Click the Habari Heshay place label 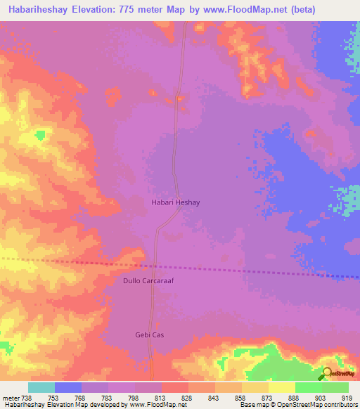tap(176, 202)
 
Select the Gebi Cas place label tap(149, 335)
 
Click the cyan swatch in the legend tap(41, 387)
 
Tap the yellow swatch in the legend tap(282, 387)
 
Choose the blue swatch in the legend tap(68, 387)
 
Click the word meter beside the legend tap(10, 397)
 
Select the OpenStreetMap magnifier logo tap(328, 374)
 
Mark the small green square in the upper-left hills tap(41, 134)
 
